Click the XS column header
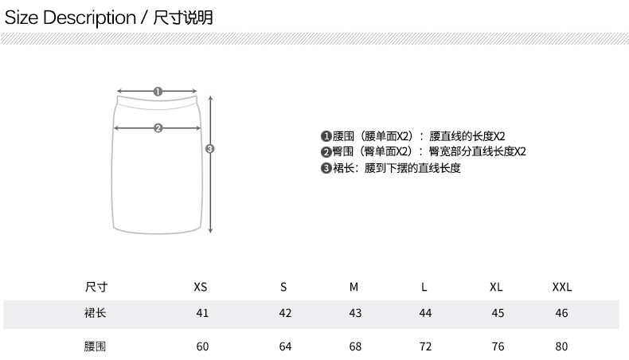click(201, 287)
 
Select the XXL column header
click(562, 287)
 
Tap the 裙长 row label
click(95, 313)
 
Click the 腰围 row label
click(95, 346)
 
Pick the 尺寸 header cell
click(96, 287)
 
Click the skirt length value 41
click(201, 313)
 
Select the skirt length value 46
click(562, 313)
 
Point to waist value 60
click(201, 346)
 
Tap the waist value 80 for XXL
click(562, 346)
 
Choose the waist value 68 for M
click(355, 346)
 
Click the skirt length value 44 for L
click(425, 313)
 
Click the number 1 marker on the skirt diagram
click(158, 92)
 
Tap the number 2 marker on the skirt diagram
click(158, 127)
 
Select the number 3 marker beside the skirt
click(210, 149)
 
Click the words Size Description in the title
click(70, 18)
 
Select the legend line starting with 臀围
click(423, 152)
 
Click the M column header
click(354, 287)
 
